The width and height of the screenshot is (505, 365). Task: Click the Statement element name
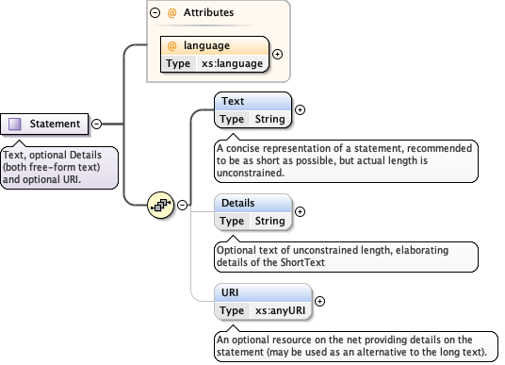click(55, 124)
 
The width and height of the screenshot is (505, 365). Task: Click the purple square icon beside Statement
click(14, 124)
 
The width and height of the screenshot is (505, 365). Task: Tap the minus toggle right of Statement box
click(97, 124)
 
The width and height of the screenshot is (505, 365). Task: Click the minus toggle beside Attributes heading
click(155, 14)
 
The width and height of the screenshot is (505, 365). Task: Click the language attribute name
click(205, 45)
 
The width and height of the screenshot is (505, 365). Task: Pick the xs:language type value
click(234, 63)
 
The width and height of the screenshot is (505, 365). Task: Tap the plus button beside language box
click(277, 54)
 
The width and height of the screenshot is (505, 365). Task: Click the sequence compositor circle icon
click(161, 204)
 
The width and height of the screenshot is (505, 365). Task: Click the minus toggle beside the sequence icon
click(182, 204)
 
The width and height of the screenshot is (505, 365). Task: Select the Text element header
click(232, 100)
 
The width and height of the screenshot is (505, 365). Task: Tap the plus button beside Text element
click(301, 109)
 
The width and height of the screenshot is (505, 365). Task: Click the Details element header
click(237, 203)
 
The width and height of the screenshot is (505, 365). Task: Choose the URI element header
click(228, 293)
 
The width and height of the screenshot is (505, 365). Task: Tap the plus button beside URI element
click(319, 302)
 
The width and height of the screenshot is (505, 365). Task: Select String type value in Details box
click(269, 221)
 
